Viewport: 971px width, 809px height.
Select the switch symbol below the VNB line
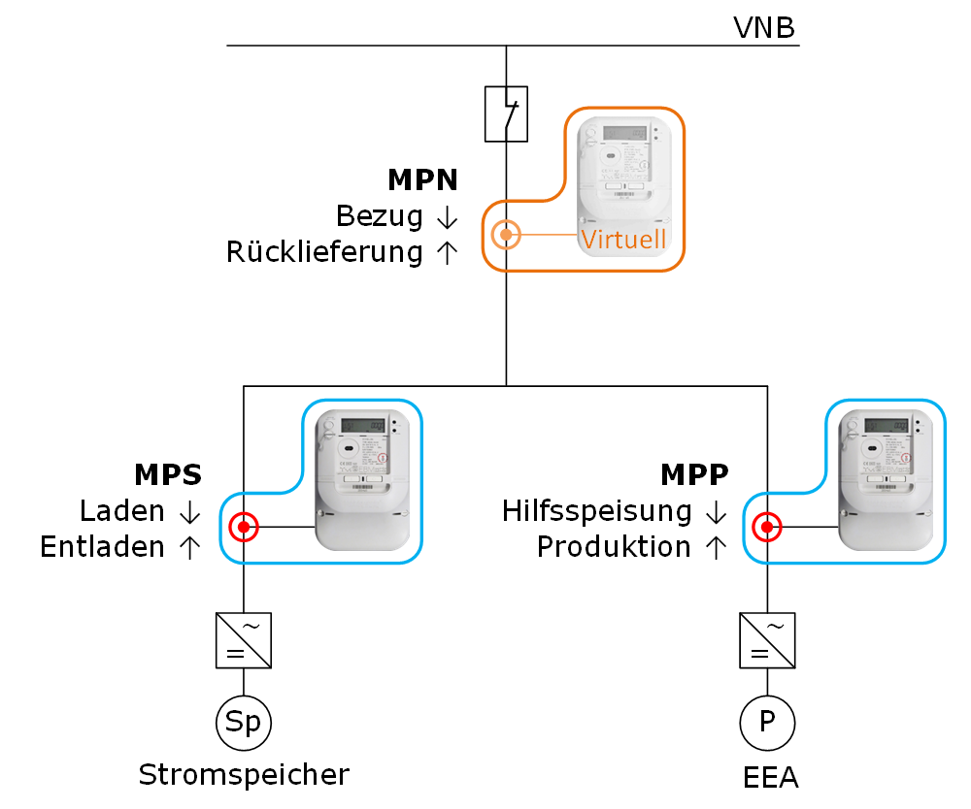506,114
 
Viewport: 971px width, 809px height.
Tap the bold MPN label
422,180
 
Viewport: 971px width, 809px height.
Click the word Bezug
380,216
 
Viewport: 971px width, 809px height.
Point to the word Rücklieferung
324,252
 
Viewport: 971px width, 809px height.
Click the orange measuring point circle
506,235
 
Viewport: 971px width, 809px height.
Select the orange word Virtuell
623,239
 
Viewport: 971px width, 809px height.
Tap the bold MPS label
168,474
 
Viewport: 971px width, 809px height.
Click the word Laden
122,510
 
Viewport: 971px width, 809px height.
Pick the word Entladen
103,547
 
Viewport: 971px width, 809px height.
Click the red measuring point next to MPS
243,528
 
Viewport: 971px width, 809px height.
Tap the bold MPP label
694,474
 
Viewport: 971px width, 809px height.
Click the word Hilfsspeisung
597,510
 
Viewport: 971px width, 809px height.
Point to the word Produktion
614,547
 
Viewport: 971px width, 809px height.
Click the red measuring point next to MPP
767,528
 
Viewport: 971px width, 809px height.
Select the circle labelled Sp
243,723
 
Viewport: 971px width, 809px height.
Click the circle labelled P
767,723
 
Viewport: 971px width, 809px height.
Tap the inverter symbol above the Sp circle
243,640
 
